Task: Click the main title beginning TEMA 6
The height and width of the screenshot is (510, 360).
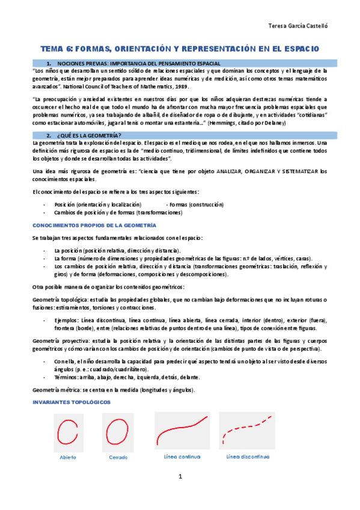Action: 180,48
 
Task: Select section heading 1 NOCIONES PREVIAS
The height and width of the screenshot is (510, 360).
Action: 138,63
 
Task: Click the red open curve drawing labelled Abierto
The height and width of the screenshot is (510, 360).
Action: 68,431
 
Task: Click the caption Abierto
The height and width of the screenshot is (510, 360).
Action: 68,458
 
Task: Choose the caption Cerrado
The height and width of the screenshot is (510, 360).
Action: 118,458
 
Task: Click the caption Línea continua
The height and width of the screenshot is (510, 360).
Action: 182,456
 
